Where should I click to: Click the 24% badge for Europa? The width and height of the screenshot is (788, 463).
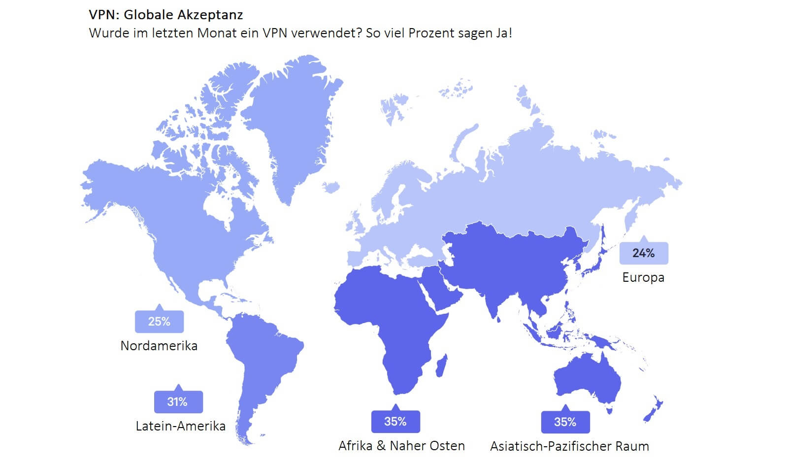tap(643, 253)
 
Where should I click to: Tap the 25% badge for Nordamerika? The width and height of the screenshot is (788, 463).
tap(159, 322)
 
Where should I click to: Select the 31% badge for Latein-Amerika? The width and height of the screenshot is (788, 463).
tap(178, 402)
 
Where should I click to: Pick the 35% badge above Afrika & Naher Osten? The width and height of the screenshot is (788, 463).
tap(395, 422)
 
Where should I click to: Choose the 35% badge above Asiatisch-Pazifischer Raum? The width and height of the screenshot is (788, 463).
tap(565, 422)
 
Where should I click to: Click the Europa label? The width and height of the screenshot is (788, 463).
tap(643, 277)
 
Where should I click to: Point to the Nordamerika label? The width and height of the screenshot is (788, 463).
tap(159, 346)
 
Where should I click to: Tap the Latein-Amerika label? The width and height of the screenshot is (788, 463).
tap(180, 426)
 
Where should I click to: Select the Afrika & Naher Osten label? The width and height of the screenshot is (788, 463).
tap(401, 446)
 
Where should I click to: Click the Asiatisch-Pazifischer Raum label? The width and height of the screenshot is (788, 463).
tap(569, 446)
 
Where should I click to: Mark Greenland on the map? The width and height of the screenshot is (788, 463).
tap(291, 123)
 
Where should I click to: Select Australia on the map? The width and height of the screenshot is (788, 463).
tap(586, 379)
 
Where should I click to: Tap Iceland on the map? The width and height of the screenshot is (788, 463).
tap(331, 187)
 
